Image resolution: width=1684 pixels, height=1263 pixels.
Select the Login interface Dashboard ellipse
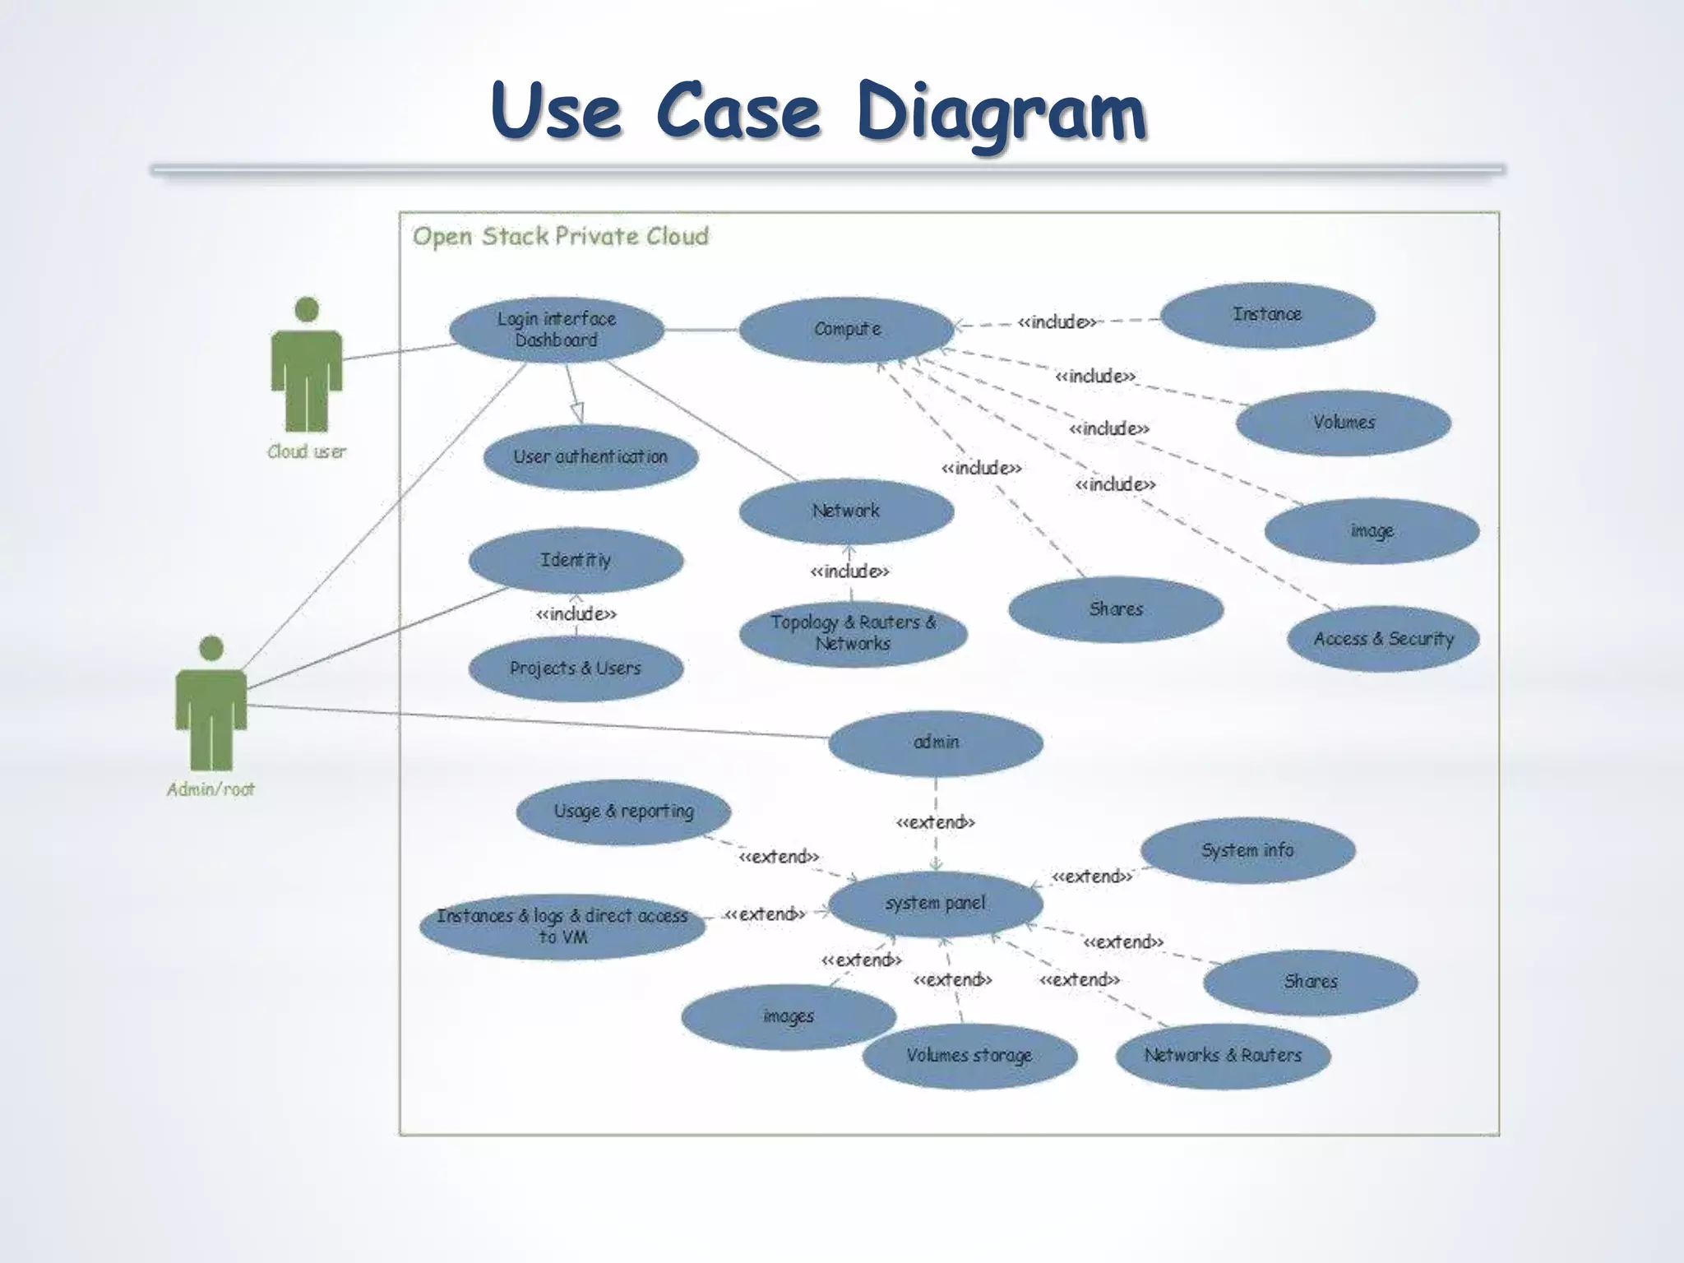557,330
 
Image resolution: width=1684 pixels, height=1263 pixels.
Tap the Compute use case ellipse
846,330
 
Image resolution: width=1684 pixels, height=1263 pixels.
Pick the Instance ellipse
1267,315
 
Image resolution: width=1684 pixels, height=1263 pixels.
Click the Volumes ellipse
1343,423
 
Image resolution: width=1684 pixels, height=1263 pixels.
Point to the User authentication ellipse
590,457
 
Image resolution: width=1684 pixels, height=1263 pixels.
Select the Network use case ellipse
846,511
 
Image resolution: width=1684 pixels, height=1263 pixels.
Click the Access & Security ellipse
1383,639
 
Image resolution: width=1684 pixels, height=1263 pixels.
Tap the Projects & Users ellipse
576,669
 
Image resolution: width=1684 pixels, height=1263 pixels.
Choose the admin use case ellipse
936,743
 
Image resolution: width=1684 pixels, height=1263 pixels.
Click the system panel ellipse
936,904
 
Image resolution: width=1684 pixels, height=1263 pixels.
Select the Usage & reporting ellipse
623,812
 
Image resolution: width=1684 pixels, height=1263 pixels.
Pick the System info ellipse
1247,850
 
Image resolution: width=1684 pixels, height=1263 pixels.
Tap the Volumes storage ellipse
969,1056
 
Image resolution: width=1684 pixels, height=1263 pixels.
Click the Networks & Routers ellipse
1223,1056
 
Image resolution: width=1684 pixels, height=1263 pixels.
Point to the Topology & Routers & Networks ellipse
853,633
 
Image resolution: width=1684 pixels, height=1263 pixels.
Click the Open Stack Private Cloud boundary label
560,237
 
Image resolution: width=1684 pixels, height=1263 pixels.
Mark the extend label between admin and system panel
936,822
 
